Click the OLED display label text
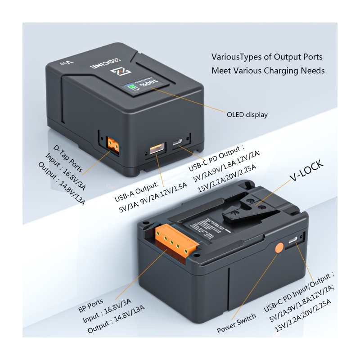click(247, 115)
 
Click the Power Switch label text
click(236, 323)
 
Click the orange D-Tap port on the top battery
click(112, 144)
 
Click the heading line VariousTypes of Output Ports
click(267, 57)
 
